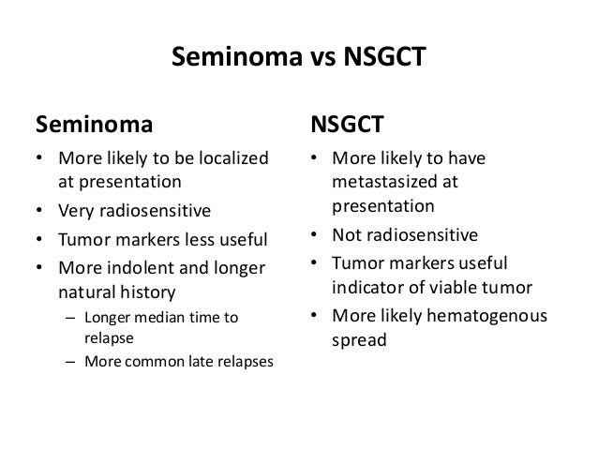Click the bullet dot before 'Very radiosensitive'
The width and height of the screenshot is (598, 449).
tap(39, 210)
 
